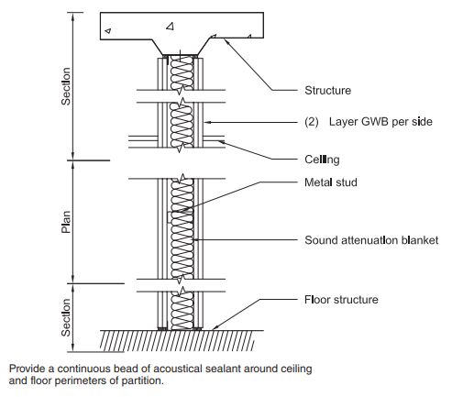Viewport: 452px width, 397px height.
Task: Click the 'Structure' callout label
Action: click(327, 91)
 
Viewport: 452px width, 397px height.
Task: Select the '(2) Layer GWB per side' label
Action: click(369, 122)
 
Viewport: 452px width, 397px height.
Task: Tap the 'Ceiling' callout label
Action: click(322, 160)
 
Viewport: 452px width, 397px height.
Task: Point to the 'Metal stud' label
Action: click(331, 182)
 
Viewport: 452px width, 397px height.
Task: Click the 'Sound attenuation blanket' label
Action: click(371, 240)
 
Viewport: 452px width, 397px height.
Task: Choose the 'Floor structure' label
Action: click(341, 300)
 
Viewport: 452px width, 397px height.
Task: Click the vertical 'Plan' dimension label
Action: click(66, 222)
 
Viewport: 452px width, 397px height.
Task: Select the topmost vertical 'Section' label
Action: click(66, 86)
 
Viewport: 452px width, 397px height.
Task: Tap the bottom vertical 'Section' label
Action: click(66, 317)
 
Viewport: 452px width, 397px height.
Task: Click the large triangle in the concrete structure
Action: click(171, 27)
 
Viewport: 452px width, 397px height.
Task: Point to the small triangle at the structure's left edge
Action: click(108, 30)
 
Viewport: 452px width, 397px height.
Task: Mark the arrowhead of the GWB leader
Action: click(208, 122)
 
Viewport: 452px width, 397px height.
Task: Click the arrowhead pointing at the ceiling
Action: click(222, 142)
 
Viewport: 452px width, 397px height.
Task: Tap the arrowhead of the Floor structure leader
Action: click(215, 327)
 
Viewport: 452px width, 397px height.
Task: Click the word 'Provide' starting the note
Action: click(28, 369)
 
